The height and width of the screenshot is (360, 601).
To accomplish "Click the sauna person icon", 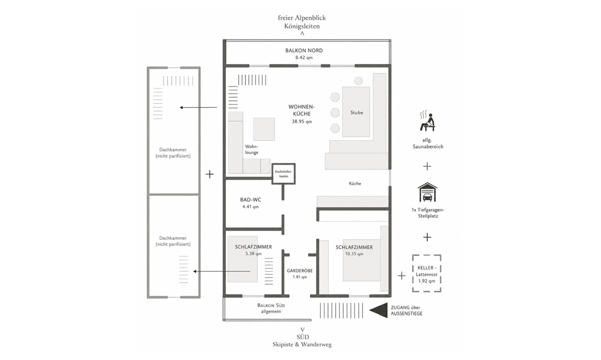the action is point(428,121).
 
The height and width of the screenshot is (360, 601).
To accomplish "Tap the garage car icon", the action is point(427,192).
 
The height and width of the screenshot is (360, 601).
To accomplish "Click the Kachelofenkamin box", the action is point(284,174).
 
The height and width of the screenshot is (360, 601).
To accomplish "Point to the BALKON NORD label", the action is point(304,50).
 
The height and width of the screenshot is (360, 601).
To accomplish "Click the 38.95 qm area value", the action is point(302,121).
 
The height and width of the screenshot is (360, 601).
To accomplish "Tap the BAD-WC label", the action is point(251,200).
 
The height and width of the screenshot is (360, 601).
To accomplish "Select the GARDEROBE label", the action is point(300,270).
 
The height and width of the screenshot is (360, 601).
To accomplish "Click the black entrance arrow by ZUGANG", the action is point(378,310).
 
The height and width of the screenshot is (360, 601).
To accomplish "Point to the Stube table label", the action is point(356,113).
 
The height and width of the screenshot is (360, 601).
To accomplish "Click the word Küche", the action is point(355,184).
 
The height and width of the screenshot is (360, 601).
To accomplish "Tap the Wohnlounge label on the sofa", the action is point(252,149).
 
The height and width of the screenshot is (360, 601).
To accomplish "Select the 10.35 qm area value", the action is point(354,254).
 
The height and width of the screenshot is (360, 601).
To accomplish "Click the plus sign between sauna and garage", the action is point(427,166).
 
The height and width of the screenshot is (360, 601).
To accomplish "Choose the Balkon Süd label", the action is point(271,308).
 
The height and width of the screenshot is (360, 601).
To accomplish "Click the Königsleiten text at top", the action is point(302,26).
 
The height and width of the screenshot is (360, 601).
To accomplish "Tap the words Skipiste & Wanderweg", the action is point(302,344).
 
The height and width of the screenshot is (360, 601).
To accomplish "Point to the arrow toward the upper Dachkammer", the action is point(199,107).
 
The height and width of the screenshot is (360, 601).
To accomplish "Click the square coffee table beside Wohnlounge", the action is point(264,129).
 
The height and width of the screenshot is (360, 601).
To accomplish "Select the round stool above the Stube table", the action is point(358,81).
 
